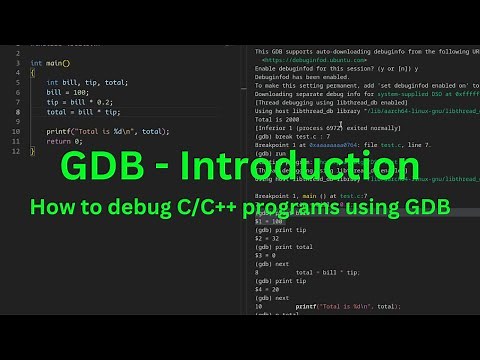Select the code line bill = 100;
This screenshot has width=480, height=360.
click(68, 92)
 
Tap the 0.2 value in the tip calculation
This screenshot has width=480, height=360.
click(103, 102)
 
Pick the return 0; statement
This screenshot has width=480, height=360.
click(65, 141)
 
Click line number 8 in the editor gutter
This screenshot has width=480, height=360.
click(18, 112)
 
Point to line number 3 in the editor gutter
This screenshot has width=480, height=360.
click(18, 63)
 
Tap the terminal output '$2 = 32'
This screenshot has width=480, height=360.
click(269, 240)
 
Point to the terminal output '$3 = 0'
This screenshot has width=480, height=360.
click(269, 257)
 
